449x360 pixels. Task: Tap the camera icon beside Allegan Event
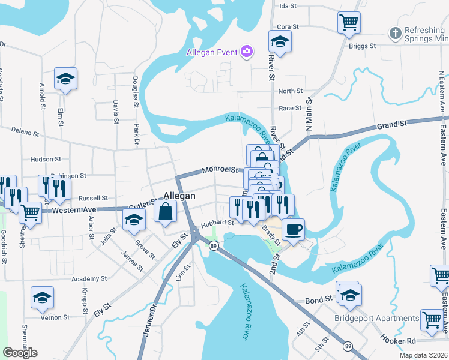click(246, 52)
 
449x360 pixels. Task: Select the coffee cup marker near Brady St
click(293, 229)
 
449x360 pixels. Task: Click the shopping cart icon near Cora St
click(349, 22)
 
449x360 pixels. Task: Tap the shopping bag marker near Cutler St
click(166, 211)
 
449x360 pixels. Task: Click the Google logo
click(20, 352)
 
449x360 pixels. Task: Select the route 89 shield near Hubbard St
click(213, 245)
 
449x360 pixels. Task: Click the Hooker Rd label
click(398, 339)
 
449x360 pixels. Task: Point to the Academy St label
click(89, 279)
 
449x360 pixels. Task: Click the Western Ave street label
click(74, 210)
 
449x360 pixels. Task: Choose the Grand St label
click(392, 124)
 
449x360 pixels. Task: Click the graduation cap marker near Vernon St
click(43, 298)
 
